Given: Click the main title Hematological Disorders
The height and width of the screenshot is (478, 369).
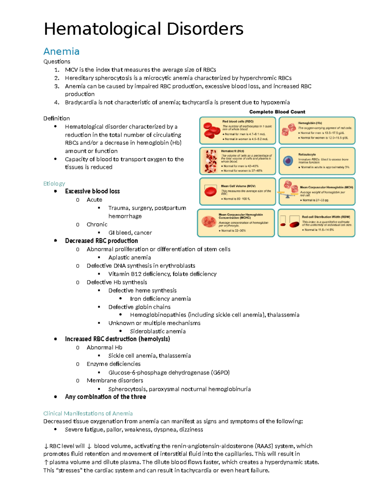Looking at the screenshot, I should tap(144, 29).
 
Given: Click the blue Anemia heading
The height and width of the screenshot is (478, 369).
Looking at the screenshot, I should tap(61, 51).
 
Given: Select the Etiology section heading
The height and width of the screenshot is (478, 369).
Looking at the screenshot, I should tap(54, 183).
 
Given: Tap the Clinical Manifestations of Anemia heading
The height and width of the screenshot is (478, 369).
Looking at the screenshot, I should tap(88, 413).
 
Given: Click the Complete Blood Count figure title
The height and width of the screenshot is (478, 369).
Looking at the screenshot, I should tap(277, 112).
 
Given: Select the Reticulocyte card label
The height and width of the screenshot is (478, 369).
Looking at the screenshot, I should tap(307, 155).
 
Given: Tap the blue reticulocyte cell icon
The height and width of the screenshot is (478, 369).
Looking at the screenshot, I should tap(288, 161).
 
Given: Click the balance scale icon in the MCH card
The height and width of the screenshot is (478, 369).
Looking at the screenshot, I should tap(287, 194).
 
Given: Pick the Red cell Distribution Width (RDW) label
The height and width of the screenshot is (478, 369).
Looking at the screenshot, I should tap(326, 217).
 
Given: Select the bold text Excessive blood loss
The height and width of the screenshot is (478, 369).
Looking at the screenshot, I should tap(92, 191).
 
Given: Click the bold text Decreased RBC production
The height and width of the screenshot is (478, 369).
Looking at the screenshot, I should tap(101, 241).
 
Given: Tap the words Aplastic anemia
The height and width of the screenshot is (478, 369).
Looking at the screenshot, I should tap(129, 257).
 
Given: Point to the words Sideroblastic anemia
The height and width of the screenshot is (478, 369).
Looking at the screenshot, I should tap(158, 331).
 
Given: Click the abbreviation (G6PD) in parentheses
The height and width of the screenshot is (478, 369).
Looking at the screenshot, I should tap(220, 372).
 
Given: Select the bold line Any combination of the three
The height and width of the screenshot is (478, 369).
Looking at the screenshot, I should tap(105, 397).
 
